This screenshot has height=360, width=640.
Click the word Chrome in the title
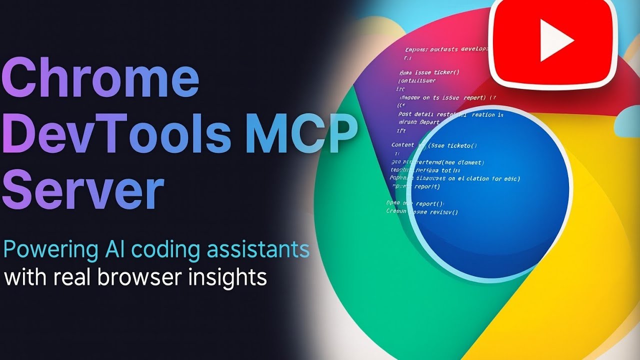click(x=102, y=78)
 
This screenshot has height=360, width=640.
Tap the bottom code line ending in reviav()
click(x=422, y=212)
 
